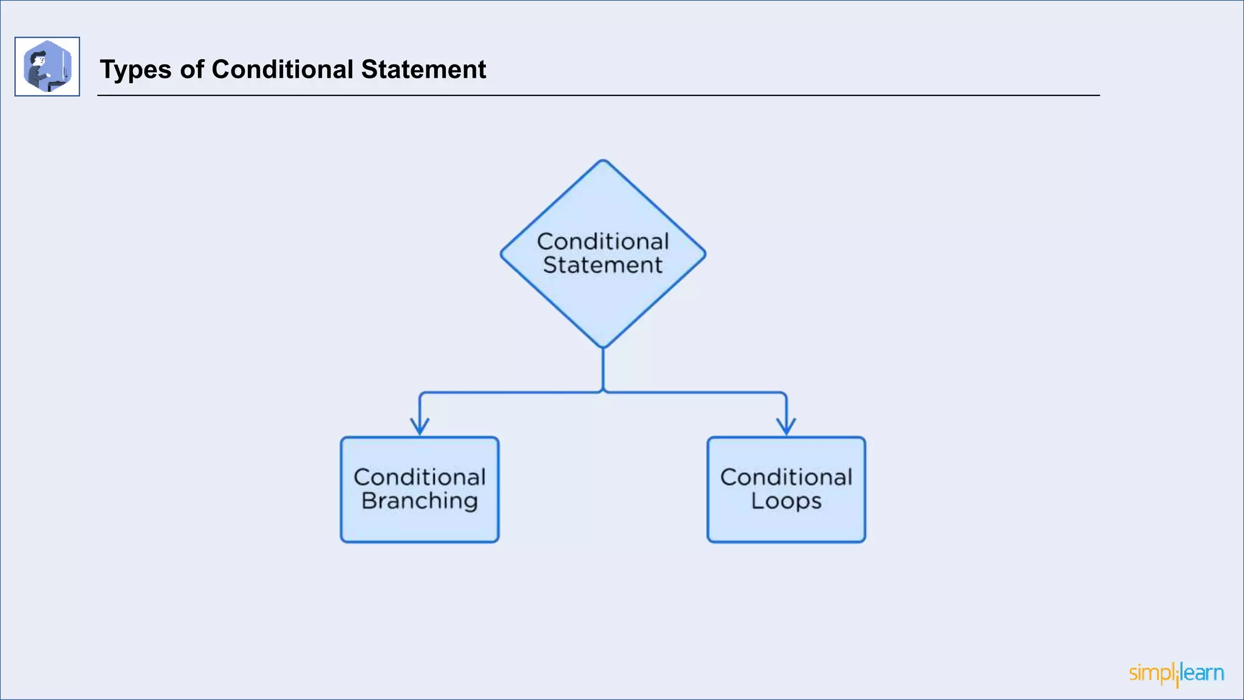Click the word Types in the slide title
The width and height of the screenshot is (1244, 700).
click(135, 70)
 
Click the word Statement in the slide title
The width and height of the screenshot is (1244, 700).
click(423, 69)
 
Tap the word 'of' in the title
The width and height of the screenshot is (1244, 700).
click(192, 69)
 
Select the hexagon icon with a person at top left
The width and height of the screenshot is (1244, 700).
click(47, 66)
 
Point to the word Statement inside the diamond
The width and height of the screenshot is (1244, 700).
click(603, 266)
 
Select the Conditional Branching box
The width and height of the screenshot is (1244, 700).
click(420, 523)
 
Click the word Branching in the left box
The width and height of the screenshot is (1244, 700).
click(420, 501)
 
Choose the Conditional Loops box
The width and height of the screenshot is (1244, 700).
click(786, 523)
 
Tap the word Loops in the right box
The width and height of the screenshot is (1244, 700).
click(786, 501)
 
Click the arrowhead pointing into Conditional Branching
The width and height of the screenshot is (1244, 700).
click(420, 428)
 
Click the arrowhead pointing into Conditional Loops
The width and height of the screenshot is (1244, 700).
click(786, 428)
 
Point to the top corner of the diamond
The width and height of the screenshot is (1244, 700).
click(603, 161)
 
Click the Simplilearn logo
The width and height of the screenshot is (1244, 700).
click(1176, 674)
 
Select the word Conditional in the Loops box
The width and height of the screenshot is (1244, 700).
click(786, 478)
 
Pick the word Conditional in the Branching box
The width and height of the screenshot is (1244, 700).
click(420, 478)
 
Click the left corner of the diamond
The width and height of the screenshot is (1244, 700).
click(502, 254)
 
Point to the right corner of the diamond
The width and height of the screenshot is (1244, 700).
click(704, 254)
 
